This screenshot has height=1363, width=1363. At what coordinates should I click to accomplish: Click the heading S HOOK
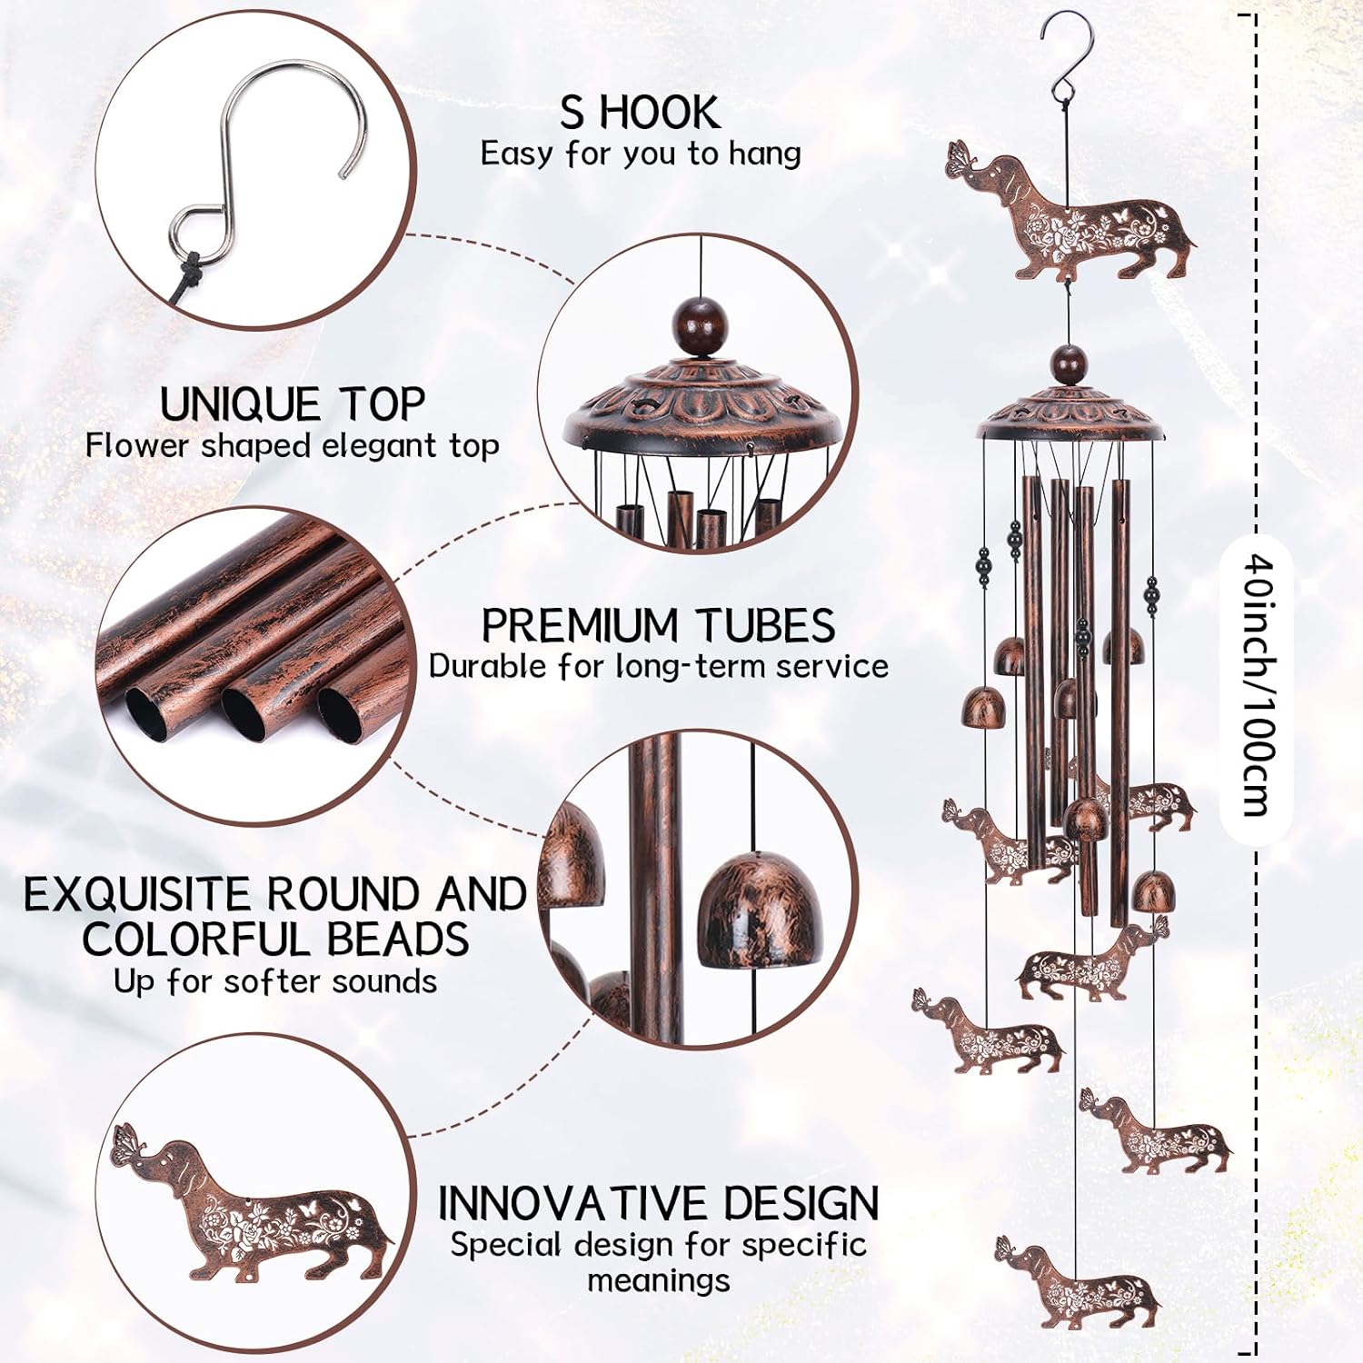pyautogui.click(x=641, y=113)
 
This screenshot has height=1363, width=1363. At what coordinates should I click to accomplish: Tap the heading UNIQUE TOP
pyautogui.click(x=293, y=404)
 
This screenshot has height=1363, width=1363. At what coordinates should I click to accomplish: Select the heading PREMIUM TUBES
pyautogui.click(x=658, y=626)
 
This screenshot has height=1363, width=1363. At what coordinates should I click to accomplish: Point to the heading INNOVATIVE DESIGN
pyautogui.click(x=659, y=1203)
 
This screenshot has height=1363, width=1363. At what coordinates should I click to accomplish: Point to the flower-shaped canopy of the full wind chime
pyautogui.click(x=1070, y=413)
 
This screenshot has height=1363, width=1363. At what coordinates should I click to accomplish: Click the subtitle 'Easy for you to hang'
pyautogui.click(x=641, y=154)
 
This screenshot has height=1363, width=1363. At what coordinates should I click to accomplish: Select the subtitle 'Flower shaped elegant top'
pyautogui.click(x=293, y=446)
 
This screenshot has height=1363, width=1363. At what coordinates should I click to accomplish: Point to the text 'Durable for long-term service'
pyautogui.click(x=659, y=667)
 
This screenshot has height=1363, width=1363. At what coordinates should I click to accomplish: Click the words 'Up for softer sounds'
pyautogui.click(x=275, y=982)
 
